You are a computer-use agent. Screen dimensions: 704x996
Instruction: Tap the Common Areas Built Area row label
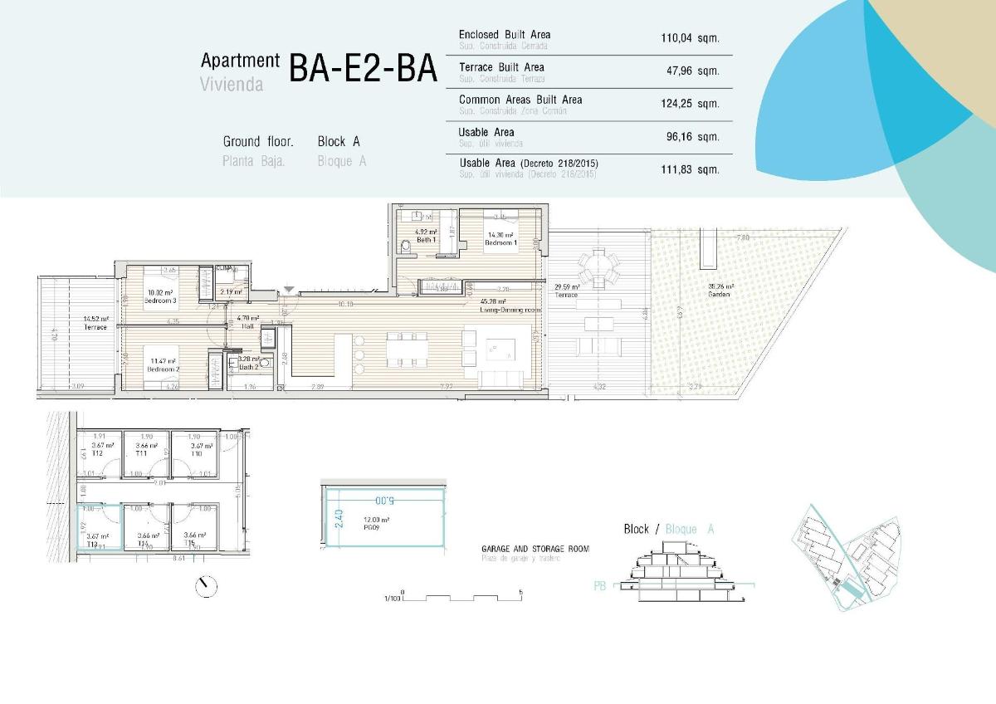coord(520,100)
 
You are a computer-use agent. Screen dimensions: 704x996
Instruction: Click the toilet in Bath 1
coord(406,247)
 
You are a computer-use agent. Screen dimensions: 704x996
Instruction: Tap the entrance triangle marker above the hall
coord(288,289)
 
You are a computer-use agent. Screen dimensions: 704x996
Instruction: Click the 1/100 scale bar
coord(461,597)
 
